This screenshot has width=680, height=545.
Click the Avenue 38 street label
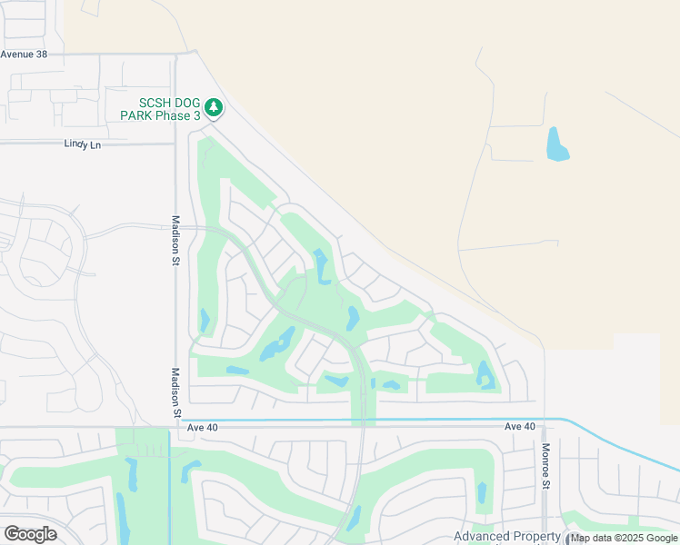pos(24,54)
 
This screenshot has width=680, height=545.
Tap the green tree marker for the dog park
pos(214,108)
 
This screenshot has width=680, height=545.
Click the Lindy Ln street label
pos(83,144)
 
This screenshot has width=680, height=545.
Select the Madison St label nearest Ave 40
pos(176,393)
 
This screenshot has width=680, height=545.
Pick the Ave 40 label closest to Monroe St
pos(521,426)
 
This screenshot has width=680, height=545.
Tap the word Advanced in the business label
pos(482,536)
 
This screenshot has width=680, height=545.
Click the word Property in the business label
pos(537,536)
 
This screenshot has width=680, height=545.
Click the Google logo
pos(30,534)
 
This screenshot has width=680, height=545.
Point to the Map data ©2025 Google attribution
pos(624,538)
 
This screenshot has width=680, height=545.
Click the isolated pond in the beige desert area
pos(556,145)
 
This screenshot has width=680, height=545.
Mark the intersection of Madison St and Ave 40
pos(176,425)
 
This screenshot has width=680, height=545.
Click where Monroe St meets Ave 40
pos(545,420)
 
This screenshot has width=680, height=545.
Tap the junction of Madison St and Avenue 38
pos(176,54)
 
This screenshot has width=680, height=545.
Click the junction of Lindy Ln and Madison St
pos(176,144)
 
